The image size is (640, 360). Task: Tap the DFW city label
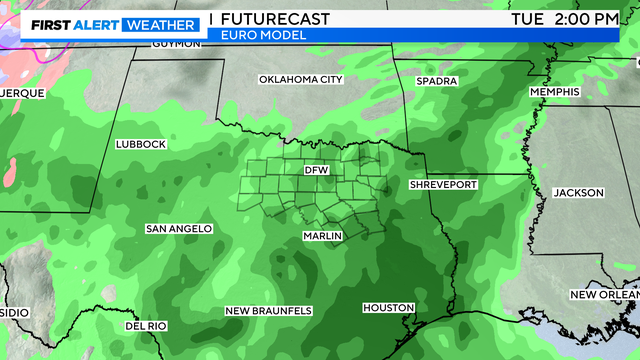click(316, 171)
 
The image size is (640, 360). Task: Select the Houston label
click(381, 307)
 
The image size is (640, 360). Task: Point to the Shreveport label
click(443, 185)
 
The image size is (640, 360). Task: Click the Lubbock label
click(140, 144)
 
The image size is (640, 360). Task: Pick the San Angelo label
click(179, 229)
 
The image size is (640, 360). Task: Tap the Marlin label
click(323, 236)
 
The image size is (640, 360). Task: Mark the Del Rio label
click(147, 326)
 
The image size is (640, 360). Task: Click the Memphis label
click(555, 92)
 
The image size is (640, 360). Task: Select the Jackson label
click(578, 192)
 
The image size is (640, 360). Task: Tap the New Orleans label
click(604, 294)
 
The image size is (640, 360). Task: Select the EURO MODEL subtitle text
click(253, 35)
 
